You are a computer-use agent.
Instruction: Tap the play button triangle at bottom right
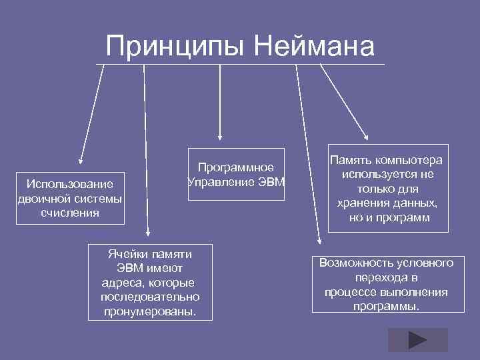(x=417, y=340)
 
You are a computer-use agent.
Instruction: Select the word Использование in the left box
(x=70, y=184)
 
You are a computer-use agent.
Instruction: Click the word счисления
(x=70, y=213)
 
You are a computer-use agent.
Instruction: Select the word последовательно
(x=150, y=296)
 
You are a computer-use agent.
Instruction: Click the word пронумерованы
(x=150, y=310)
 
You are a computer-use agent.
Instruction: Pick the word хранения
(x=364, y=203)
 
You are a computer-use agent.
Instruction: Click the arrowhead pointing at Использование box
(x=81, y=160)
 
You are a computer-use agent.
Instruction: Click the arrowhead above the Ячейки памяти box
(x=147, y=233)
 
